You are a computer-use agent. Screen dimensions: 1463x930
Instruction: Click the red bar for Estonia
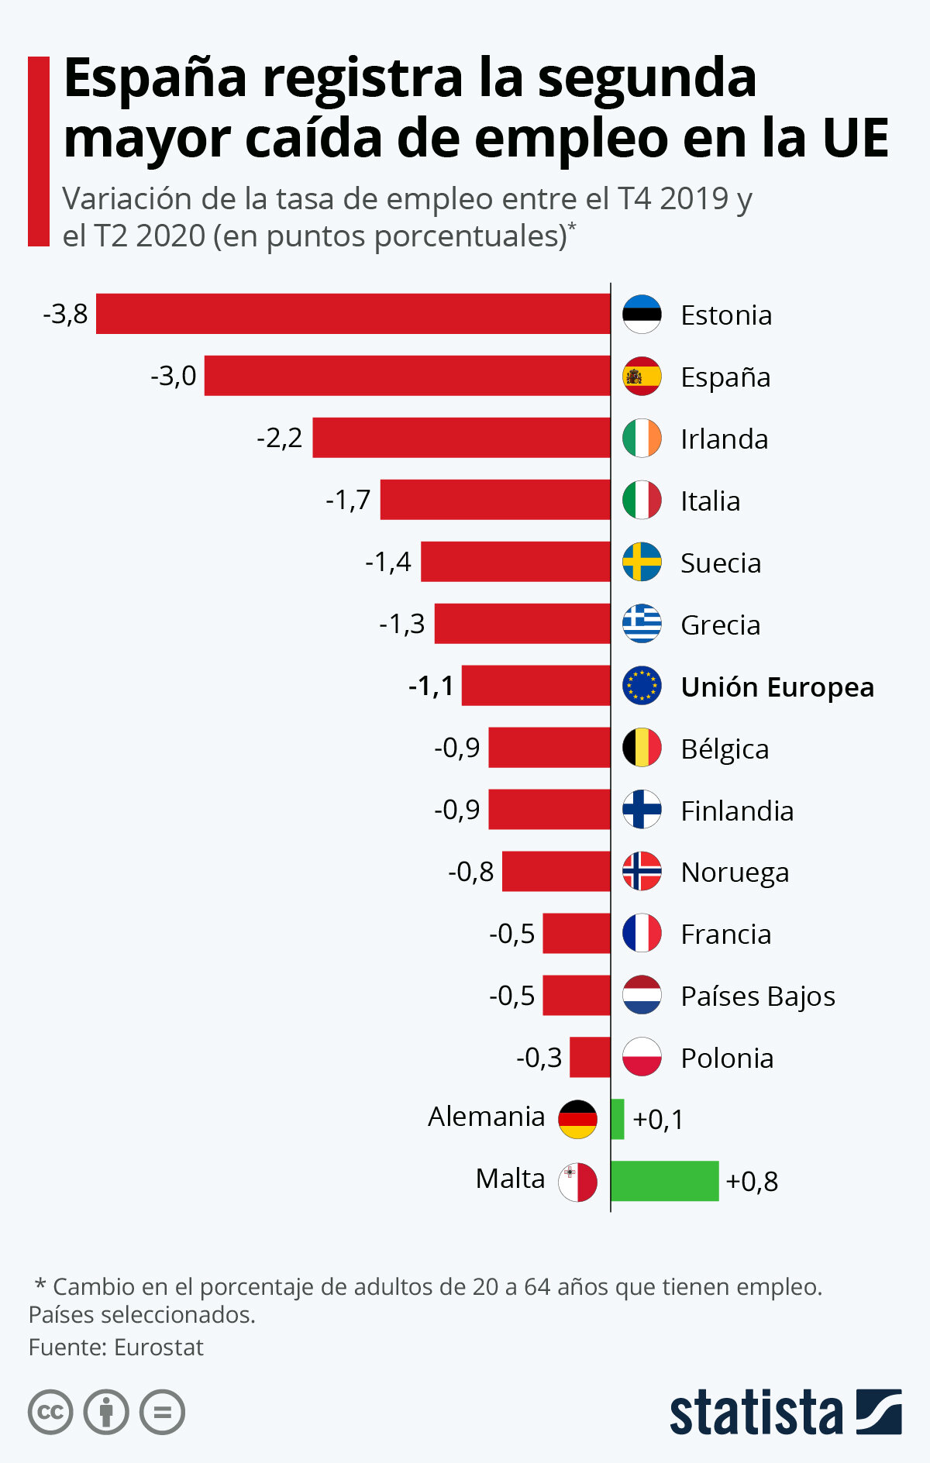(353, 314)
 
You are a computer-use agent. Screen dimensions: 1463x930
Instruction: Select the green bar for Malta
(664, 1181)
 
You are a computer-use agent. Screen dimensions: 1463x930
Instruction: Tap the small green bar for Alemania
(617, 1119)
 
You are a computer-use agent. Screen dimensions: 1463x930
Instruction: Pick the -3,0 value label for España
(174, 376)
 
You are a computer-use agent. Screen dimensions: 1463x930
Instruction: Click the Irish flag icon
(642, 438)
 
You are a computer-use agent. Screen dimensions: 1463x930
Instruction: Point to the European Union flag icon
(642, 686)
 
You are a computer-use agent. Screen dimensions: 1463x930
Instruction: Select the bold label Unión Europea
(777, 687)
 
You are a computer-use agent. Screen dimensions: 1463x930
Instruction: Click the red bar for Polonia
(590, 1057)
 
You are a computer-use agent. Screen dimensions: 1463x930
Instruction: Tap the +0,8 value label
(752, 1182)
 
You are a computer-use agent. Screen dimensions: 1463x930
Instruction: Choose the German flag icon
(577, 1119)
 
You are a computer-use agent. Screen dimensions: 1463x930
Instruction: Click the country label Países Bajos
(757, 997)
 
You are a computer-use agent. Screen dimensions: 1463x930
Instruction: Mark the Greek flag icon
(642, 624)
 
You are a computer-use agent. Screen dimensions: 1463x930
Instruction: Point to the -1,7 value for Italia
(348, 500)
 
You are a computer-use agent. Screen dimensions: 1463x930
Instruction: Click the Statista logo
(785, 1412)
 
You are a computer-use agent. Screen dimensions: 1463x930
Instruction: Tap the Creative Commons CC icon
(50, 1412)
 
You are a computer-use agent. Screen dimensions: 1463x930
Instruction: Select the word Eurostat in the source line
(158, 1348)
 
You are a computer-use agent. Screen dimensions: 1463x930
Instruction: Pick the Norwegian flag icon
(642, 872)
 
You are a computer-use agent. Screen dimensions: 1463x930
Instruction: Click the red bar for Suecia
(515, 562)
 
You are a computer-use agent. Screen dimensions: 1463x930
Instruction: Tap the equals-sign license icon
(162, 1412)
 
